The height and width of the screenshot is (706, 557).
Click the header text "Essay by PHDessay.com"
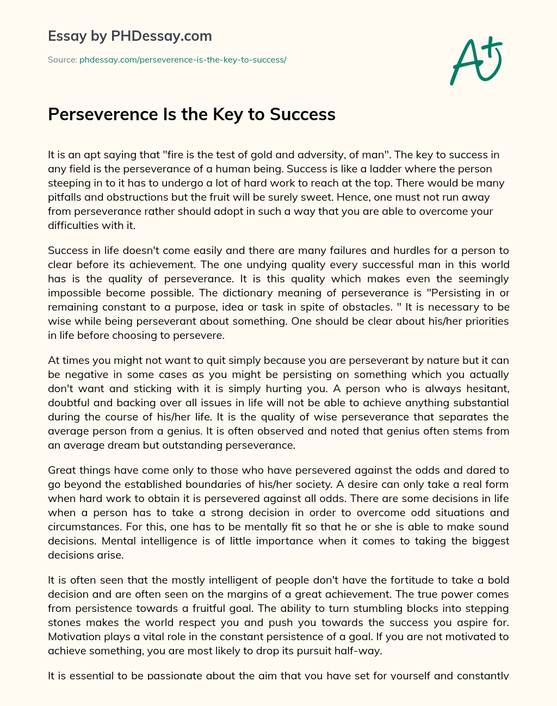130,36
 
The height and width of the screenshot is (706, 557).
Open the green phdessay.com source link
183,60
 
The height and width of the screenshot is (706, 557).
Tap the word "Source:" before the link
63,60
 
